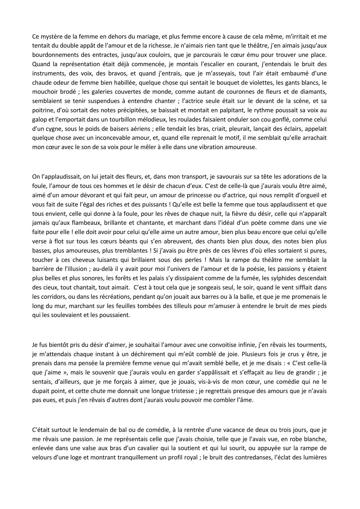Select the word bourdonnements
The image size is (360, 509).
coord(52,55)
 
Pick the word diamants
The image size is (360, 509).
coord(315,92)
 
